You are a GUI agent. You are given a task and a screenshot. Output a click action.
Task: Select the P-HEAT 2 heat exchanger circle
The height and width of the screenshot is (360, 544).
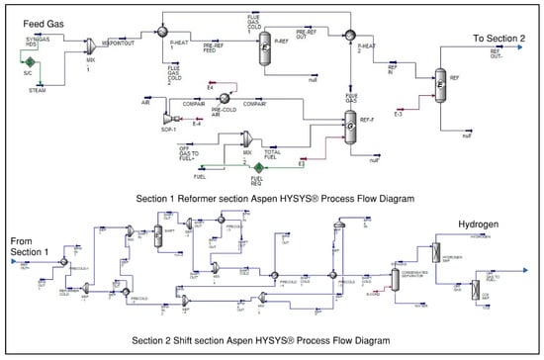[348, 35]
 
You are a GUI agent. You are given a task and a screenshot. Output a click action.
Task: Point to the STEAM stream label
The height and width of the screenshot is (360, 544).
[37, 90]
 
